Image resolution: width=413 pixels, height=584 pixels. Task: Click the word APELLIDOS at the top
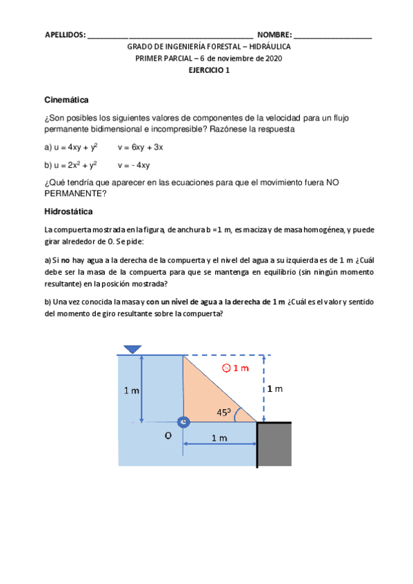65,34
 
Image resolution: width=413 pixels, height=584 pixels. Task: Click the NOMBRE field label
274,34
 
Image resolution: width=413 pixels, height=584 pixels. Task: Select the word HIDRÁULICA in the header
266,47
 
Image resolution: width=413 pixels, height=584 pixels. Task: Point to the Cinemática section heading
66,101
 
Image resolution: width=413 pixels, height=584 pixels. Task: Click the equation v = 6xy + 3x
140,147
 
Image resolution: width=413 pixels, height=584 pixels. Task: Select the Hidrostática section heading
68,211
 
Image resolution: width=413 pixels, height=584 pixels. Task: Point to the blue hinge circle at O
183,422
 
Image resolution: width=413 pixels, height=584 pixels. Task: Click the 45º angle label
223,413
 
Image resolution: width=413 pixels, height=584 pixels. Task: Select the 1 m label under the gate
220,438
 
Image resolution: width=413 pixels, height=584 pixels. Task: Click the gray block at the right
274,446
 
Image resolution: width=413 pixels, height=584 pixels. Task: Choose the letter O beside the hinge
168,435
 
